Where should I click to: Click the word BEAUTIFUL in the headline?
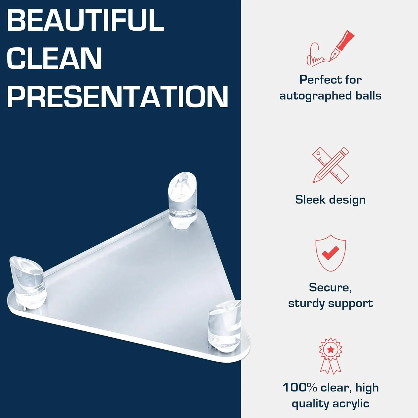point(85,20)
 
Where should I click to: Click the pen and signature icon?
point(330,48)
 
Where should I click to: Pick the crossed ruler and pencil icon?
point(330,165)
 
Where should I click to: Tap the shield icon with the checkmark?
point(330,253)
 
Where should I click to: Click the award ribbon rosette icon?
point(330,356)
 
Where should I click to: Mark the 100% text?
point(300,387)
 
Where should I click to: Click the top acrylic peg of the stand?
point(182,200)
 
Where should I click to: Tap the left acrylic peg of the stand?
point(28,282)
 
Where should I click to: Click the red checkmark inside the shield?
point(330,252)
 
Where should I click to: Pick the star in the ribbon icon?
point(330,349)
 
